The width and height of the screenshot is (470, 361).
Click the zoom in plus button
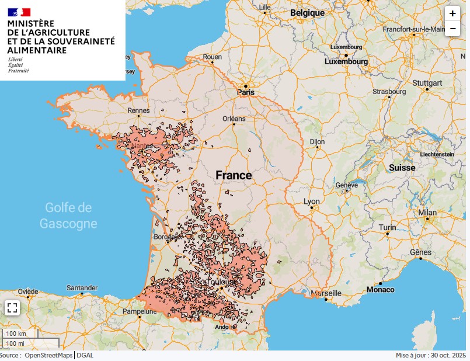click(x=452, y=13)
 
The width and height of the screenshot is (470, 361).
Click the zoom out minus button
click(x=452, y=28)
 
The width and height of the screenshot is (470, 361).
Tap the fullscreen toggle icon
click(x=12, y=308)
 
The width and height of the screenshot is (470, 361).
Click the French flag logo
click(x=19, y=12)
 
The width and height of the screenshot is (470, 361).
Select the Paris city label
click(x=246, y=92)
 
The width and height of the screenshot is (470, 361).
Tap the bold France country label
click(x=234, y=175)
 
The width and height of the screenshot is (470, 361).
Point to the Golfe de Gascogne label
click(x=68, y=215)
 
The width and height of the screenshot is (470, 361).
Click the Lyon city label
click(x=312, y=202)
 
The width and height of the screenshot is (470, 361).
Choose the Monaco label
click(x=380, y=290)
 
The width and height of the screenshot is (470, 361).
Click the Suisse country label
click(x=402, y=167)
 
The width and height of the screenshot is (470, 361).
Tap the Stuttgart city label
click(x=427, y=83)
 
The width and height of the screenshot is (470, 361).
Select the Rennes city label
click(x=139, y=110)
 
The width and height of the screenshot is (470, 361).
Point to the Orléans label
click(x=234, y=118)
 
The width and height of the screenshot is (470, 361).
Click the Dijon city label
click(x=317, y=141)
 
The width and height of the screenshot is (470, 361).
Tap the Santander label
click(x=82, y=288)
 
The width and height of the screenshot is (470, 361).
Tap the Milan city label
click(x=427, y=213)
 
